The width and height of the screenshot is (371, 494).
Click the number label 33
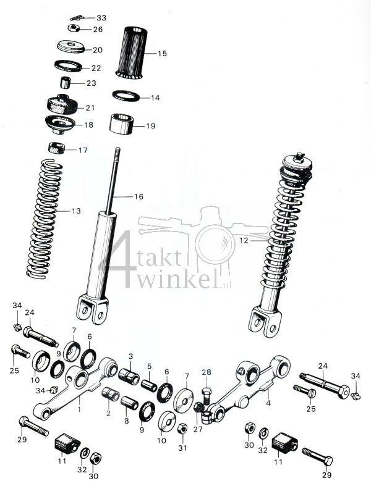[101, 18]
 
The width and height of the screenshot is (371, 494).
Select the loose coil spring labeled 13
[46, 216]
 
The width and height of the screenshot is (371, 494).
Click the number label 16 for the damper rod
[139, 196]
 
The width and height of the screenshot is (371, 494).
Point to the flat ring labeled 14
[126, 96]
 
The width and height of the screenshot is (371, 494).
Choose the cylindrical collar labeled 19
[124, 124]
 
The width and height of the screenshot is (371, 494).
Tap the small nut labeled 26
[73, 28]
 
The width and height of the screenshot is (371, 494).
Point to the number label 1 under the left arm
[79, 408]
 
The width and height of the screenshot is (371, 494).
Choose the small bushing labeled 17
[58, 149]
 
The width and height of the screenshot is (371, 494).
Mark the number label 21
[90, 107]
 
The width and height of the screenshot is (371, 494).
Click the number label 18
[89, 125]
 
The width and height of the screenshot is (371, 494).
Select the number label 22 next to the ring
[96, 68]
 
